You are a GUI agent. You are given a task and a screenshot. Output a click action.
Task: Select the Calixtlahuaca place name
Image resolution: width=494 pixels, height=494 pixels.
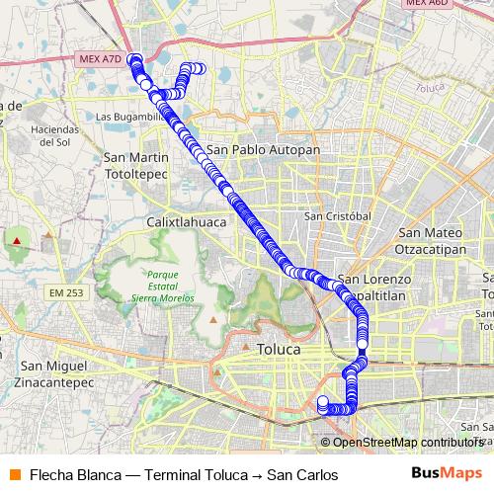(187, 222)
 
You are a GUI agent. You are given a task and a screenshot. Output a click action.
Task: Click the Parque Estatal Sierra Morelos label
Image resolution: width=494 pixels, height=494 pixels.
(160, 287)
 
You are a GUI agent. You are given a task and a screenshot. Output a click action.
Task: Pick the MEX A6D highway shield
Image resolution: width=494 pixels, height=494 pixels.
(426, 4)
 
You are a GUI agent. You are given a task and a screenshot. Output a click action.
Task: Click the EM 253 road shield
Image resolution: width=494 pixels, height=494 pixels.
(64, 293)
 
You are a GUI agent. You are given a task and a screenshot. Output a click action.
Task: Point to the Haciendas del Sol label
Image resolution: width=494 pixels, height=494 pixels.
(53, 135)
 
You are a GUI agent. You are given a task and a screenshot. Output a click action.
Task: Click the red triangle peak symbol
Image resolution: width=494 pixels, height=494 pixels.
(17, 240)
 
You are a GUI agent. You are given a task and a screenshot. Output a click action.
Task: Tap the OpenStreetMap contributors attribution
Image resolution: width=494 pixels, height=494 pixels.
(407, 442)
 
